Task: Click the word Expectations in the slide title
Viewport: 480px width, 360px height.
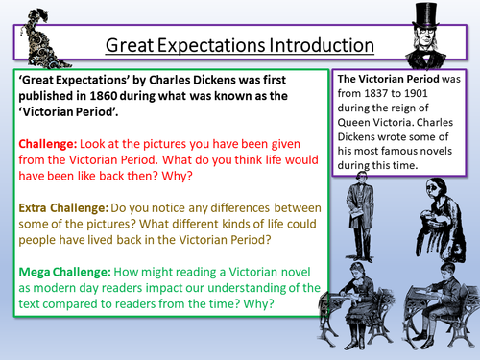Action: point(224,45)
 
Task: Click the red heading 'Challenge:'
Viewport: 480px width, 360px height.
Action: point(49,142)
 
